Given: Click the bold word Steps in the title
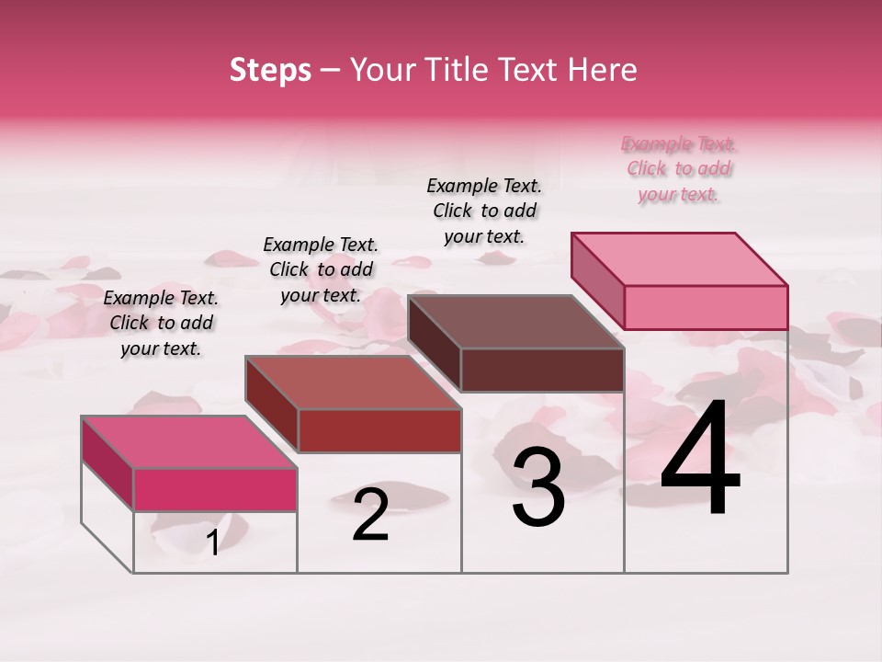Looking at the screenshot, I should [270, 70].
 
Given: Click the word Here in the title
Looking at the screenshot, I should [603, 70].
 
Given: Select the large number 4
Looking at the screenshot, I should [700, 459].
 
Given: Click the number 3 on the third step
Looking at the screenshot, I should [538, 487].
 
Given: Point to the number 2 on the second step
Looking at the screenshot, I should [370, 515].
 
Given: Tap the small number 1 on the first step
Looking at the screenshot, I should [213, 543].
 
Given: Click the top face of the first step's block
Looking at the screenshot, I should [188, 442].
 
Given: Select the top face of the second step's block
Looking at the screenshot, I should [352, 382].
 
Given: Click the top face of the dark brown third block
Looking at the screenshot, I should [515, 322].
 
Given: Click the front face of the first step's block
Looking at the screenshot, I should [215, 489].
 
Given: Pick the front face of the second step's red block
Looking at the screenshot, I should [379, 430].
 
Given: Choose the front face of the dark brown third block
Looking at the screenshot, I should [542, 370].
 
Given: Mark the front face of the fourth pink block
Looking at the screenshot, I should [706, 307].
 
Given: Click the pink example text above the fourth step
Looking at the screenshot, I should [679, 169].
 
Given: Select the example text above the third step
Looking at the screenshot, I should [484, 211].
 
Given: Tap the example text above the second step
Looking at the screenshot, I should [321, 269].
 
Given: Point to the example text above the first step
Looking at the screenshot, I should [161, 323].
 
